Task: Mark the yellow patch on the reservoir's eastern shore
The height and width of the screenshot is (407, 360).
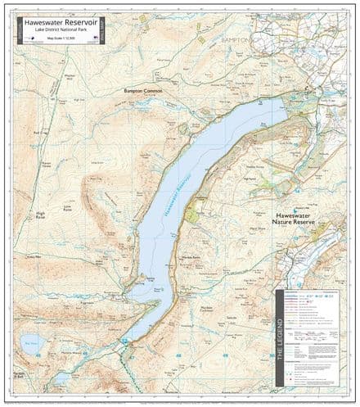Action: click(192, 214)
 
